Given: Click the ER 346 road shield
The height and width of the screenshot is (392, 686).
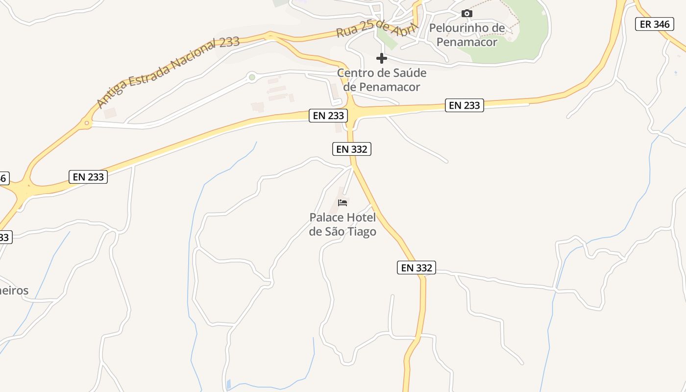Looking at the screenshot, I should pos(654,24).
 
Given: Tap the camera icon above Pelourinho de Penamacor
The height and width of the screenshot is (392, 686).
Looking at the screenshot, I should pos(467,14).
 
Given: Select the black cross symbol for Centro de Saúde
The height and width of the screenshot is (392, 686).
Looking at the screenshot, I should pos(382,59).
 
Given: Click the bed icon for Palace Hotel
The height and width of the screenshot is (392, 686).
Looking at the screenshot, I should pos(343,202).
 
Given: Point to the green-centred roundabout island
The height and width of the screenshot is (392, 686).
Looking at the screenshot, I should pos(252,77).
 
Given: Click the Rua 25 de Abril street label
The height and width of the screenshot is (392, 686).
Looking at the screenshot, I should pos(376,28).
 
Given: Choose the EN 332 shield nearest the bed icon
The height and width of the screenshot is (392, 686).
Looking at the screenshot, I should pos(352,149).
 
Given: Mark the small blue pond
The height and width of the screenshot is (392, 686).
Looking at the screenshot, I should pos(228,384).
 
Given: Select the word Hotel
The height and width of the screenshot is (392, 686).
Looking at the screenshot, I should pos(361,218).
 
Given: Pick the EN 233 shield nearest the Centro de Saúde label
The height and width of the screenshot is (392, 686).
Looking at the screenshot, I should pos(328,116).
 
